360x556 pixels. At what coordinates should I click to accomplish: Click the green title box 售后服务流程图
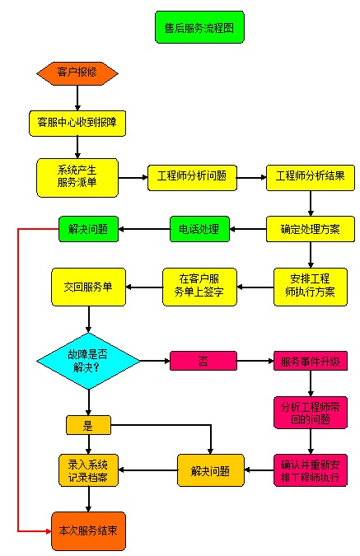pos(199,27)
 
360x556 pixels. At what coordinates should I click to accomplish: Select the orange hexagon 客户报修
pos(77,73)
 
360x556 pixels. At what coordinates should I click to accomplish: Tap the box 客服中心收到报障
pos(77,124)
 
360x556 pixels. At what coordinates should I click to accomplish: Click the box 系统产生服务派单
pos(77,178)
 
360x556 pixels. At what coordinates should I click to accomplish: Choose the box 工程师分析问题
pos(192,178)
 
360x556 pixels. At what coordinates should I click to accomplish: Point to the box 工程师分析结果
pos(311,178)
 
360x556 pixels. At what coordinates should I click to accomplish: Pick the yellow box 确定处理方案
pos(311,229)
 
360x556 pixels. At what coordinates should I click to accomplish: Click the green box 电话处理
pos(199,229)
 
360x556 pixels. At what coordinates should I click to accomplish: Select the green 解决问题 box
pos(88,229)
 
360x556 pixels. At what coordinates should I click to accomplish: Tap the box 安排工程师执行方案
pos(311,287)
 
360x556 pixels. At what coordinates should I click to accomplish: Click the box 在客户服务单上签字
pos(199,287)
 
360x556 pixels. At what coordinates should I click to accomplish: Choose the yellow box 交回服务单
pos(88,287)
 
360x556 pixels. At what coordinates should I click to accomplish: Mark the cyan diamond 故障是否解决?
pos(88,361)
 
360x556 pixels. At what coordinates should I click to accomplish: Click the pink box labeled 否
pos(203,361)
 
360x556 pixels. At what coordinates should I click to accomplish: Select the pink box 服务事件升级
pos(311,361)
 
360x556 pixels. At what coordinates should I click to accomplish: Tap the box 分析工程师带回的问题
pos(311,413)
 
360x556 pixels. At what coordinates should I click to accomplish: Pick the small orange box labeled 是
pos(88,425)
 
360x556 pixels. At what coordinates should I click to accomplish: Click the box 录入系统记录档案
pos(88,470)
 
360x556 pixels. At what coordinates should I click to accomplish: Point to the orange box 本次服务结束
pos(88,530)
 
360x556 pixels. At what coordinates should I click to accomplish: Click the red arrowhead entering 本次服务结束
pos(49,531)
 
